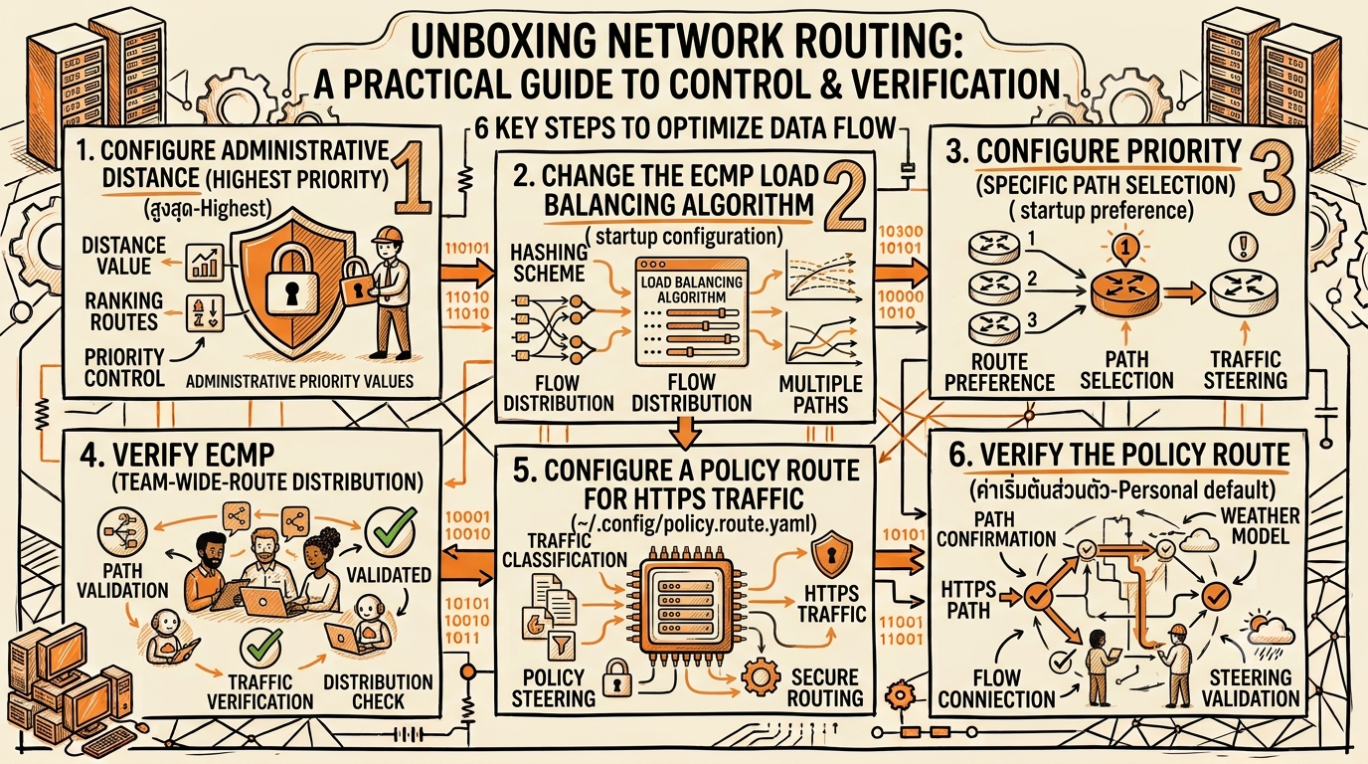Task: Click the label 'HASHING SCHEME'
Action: click(x=549, y=263)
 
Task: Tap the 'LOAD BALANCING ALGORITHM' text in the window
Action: click(x=691, y=289)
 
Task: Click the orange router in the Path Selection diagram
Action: click(x=1124, y=292)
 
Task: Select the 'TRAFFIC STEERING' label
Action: click(x=1246, y=369)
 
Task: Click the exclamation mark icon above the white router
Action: click(x=1245, y=246)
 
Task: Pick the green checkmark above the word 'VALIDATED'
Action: click(x=391, y=529)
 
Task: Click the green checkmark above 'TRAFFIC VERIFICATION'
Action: click(x=260, y=648)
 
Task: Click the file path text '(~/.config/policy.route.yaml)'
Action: click(x=694, y=524)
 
